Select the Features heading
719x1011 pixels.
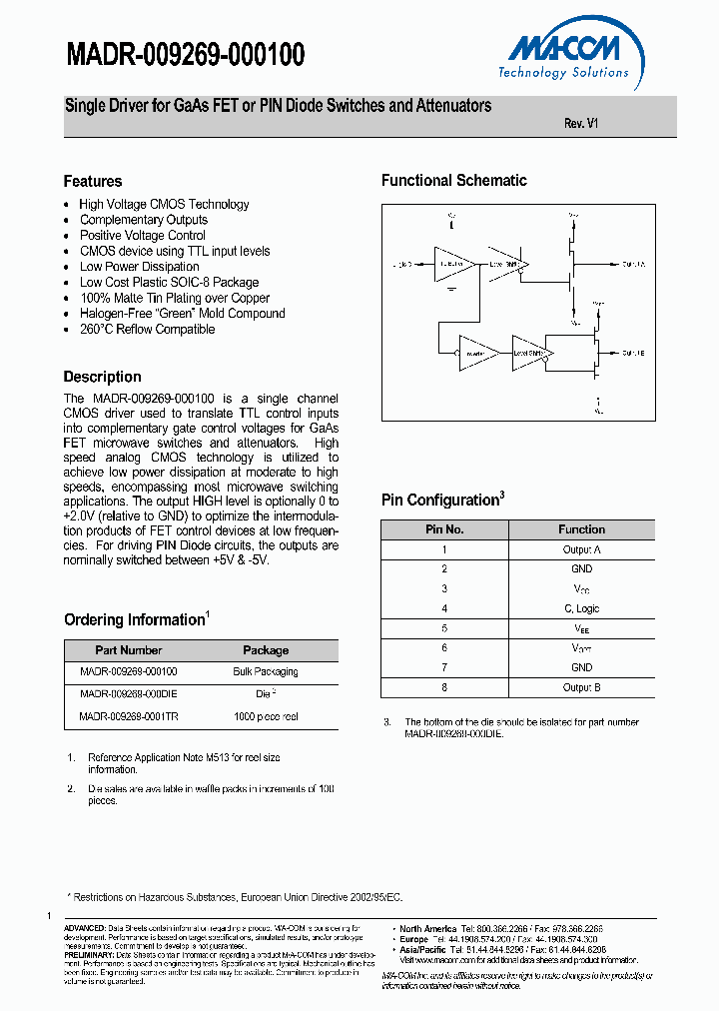click(x=93, y=181)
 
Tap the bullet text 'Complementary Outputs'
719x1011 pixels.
click(x=144, y=220)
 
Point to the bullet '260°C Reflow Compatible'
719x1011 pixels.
click(x=147, y=329)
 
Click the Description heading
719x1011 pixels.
click(x=102, y=377)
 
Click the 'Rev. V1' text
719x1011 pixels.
click(x=581, y=124)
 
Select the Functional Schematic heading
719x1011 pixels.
click(x=453, y=181)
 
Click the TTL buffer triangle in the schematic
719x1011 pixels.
click(x=455, y=264)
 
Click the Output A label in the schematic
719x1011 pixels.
click(x=633, y=265)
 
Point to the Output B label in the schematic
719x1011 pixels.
click(x=633, y=353)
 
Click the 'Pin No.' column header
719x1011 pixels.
click(x=444, y=529)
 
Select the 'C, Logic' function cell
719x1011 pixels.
click(x=581, y=608)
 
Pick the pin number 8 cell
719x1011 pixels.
click(x=444, y=687)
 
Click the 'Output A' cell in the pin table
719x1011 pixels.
click(x=581, y=549)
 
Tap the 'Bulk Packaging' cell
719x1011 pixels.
click(x=266, y=671)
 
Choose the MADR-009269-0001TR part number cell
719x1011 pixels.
click(x=128, y=716)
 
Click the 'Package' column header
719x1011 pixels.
click(x=266, y=649)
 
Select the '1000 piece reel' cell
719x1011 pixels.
click(x=266, y=716)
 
